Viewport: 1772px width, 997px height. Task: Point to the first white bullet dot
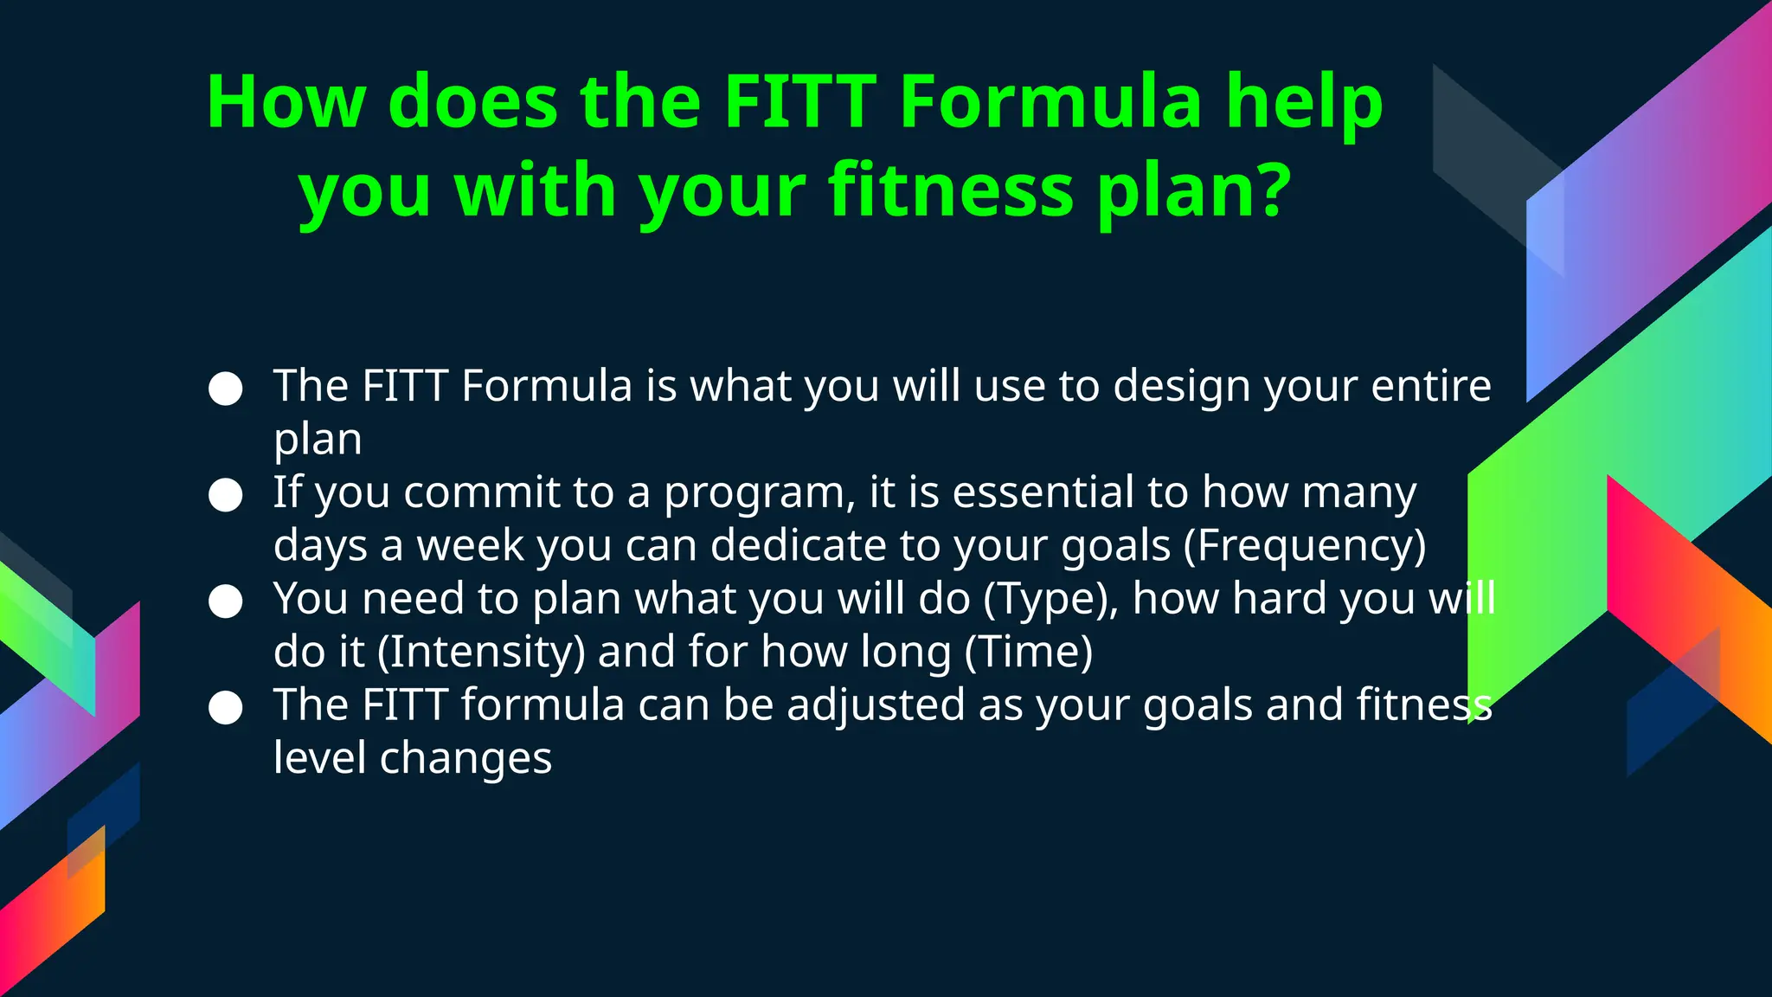(x=226, y=389)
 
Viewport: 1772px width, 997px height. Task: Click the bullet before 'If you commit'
(x=226, y=495)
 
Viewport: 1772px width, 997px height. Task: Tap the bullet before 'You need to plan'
(x=226, y=601)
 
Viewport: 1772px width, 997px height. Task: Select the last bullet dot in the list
(x=226, y=708)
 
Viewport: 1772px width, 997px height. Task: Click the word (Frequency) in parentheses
(x=1304, y=546)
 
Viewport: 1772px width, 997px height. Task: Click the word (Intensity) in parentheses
(x=481, y=653)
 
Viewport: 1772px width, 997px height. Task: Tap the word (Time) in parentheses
(x=1028, y=653)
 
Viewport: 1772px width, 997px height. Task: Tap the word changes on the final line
(x=465, y=759)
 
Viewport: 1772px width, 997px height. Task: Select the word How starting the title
(x=286, y=102)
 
